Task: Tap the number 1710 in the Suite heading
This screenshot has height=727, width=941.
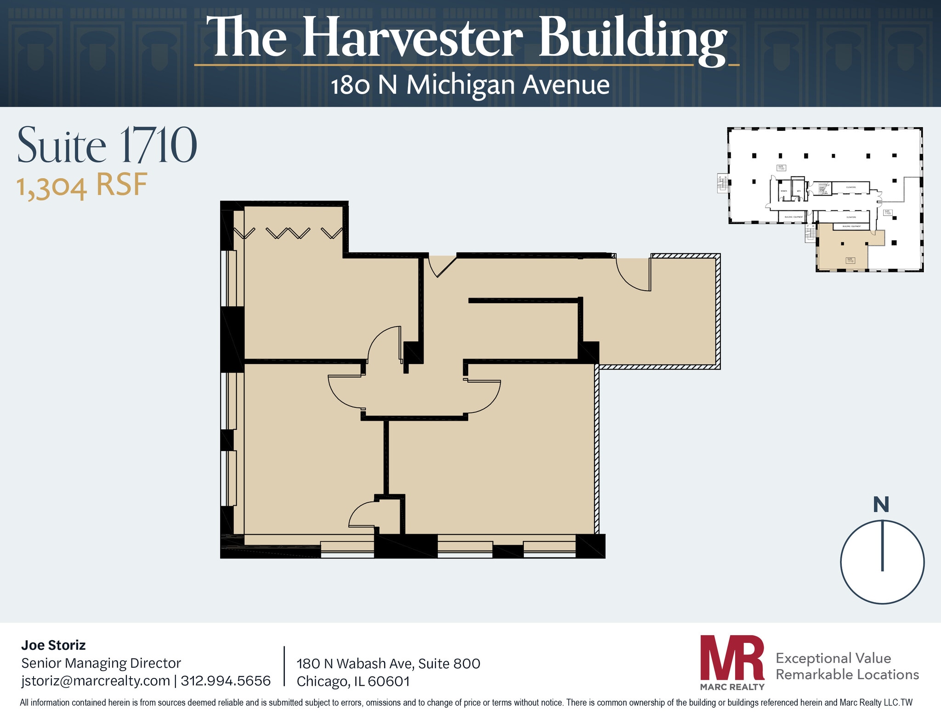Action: [158, 146]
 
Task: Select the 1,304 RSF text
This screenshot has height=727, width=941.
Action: [82, 186]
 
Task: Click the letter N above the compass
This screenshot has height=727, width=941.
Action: [881, 505]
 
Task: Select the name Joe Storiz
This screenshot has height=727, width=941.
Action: [53, 645]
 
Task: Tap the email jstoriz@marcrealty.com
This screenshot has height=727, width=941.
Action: [96, 681]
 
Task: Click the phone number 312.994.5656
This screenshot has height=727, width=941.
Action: [226, 681]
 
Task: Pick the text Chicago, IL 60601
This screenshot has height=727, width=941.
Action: [353, 682]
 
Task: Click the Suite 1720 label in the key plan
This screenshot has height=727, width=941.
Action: [781, 168]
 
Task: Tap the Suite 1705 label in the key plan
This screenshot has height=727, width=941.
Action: [887, 213]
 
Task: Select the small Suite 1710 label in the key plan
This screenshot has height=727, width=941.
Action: [850, 260]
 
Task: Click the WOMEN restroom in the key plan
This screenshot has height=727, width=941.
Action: [784, 191]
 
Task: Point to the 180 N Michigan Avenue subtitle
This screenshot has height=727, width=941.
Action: [470, 85]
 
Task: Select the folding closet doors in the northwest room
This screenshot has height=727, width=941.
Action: [288, 233]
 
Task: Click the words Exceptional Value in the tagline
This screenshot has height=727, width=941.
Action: [833, 658]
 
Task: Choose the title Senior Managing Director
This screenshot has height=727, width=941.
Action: [101, 663]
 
